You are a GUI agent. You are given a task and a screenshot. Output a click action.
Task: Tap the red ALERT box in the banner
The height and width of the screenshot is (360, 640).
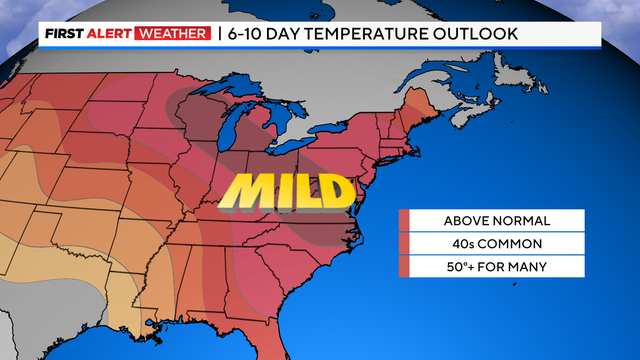pos(116,34)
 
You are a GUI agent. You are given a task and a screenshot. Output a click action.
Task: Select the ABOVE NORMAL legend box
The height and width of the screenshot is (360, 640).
pos(484,221)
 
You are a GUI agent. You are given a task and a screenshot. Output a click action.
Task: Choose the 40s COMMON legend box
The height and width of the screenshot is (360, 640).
pos(484,244)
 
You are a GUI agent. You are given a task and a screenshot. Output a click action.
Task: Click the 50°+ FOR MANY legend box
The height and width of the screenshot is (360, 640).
pos(484,267)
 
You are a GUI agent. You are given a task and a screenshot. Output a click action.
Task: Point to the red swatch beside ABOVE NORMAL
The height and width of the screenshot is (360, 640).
pos(404,221)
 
